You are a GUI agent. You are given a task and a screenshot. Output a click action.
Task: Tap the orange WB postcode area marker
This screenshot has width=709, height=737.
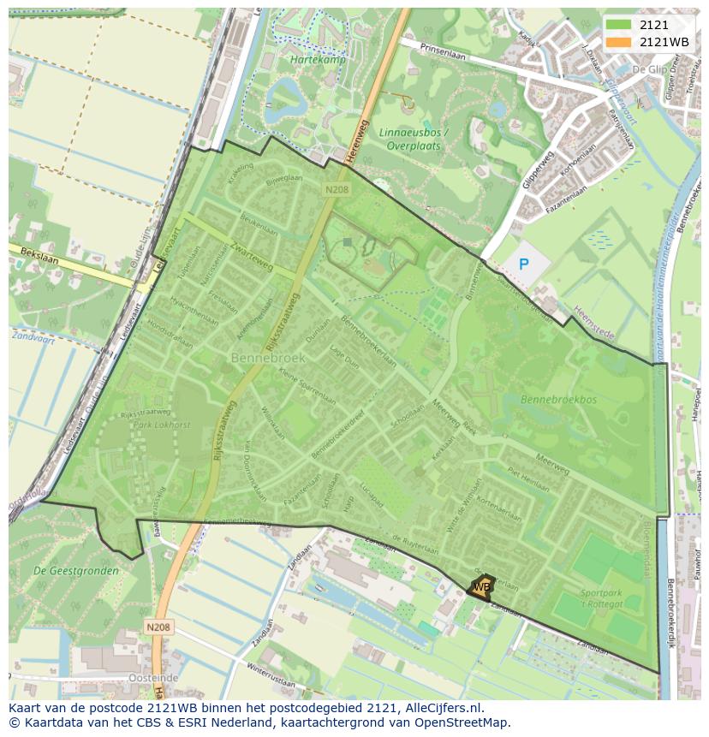(482, 586)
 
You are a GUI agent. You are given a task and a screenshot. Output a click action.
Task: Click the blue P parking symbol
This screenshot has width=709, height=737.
(523, 264)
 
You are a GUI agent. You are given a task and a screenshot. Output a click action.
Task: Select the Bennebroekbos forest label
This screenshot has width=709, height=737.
(559, 399)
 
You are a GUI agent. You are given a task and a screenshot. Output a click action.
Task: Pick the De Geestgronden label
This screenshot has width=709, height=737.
(63, 569)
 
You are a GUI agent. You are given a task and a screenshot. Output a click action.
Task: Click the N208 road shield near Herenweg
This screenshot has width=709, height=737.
(336, 187)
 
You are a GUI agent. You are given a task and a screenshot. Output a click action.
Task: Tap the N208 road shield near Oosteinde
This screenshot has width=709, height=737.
(158, 627)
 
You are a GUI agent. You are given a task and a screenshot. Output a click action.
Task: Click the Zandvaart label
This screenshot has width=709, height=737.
(29, 336)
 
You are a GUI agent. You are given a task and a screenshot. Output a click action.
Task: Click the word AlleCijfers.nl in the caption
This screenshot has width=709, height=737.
(443, 708)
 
